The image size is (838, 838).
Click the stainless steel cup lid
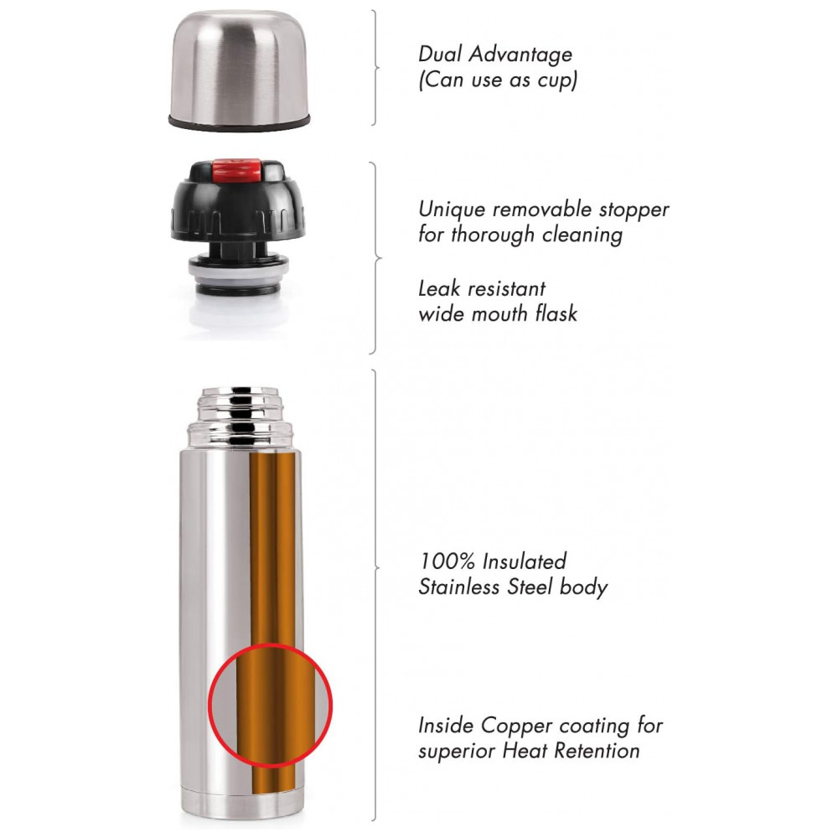coord(240,70)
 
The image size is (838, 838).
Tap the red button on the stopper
coord(237,169)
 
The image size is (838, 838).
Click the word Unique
coord(452,210)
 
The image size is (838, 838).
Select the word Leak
coord(439,288)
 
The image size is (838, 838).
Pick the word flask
coord(557,313)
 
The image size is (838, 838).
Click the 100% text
coord(447,561)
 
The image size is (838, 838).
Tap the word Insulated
coord(524,561)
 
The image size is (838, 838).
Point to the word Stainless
coord(458,587)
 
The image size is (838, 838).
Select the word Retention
coord(597,750)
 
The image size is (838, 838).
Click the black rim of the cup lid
coord(240,122)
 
